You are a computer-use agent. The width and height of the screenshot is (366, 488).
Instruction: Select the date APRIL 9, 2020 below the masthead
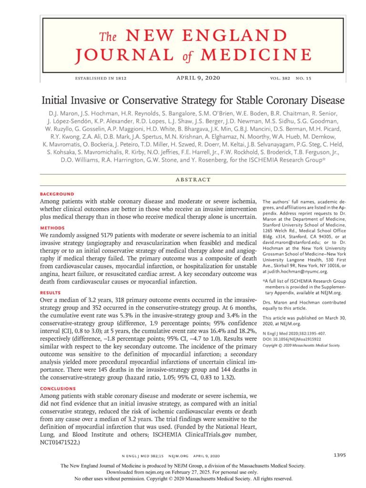[x=198, y=78]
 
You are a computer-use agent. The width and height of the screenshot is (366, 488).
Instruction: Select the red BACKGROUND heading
[x=57, y=194]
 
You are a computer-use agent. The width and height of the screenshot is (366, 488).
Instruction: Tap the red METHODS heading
[x=53, y=228]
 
